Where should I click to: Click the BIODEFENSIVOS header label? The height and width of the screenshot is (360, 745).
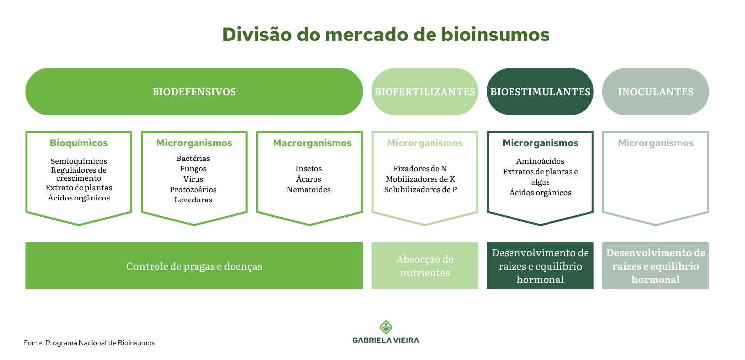point(194,92)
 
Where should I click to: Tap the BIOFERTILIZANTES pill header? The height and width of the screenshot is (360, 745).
point(425,92)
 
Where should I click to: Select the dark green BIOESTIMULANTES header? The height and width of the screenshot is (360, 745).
point(540,92)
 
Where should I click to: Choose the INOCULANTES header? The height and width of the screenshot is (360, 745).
point(655,92)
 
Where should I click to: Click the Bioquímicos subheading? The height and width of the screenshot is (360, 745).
point(78,143)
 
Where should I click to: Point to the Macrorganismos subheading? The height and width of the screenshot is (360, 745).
point(312,143)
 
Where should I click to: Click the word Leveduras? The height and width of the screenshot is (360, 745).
point(193,200)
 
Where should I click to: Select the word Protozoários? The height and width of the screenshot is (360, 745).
point(193,190)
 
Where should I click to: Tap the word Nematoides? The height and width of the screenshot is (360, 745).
point(309,190)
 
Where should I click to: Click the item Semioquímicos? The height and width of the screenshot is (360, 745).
point(78,161)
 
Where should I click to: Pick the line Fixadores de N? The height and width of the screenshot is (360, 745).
point(420,168)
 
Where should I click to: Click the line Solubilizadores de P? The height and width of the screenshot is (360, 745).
point(420,190)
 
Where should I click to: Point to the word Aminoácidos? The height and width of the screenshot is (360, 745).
point(540,161)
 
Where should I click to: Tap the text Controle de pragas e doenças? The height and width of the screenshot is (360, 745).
point(194,266)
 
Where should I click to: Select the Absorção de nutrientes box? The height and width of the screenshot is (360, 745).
point(425,266)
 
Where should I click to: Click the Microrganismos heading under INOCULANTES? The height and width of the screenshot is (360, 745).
point(655,143)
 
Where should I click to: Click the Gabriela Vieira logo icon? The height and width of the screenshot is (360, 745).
point(386,327)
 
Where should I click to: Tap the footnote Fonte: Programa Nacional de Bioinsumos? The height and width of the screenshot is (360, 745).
point(89,343)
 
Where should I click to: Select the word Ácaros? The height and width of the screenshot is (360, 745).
point(309,179)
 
